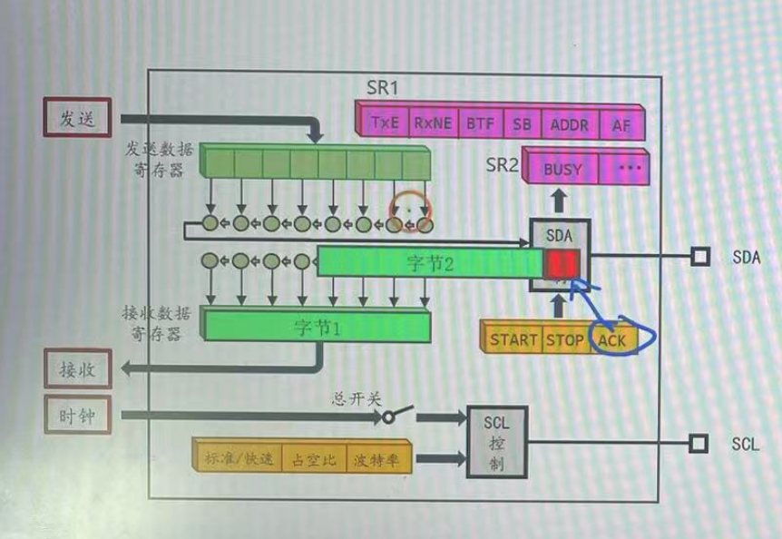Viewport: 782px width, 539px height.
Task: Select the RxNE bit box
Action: pyautogui.click(x=433, y=123)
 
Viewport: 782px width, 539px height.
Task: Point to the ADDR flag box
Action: pyautogui.click(x=570, y=124)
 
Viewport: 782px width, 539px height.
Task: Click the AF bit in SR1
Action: pyautogui.click(x=621, y=125)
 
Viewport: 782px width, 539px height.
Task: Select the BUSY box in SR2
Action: pyautogui.click(x=562, y=168)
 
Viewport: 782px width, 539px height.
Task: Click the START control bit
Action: pyautogui.click(x=513, y=340)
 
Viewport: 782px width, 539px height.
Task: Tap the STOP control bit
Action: pyautogui.click(x=564, y=340)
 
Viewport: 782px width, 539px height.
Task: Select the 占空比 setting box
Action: pyautogui.click(x=313, y=460)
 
